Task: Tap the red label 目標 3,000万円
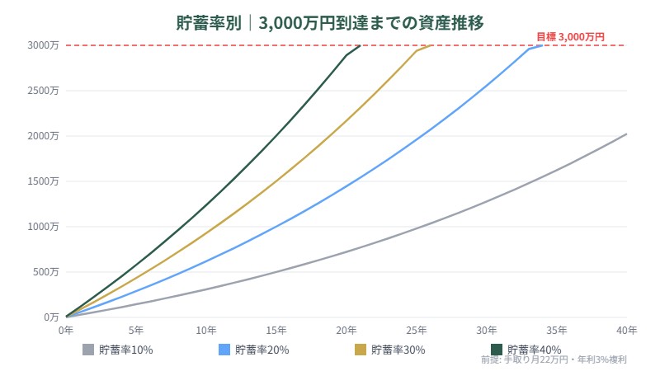570,36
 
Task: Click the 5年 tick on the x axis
136,331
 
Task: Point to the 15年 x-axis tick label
276,331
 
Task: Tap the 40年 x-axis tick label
627,331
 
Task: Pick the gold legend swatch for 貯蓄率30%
361,350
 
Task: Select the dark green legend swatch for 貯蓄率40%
497,350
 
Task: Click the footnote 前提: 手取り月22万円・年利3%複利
554,360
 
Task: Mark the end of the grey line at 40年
627,134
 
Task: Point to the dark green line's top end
361,45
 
